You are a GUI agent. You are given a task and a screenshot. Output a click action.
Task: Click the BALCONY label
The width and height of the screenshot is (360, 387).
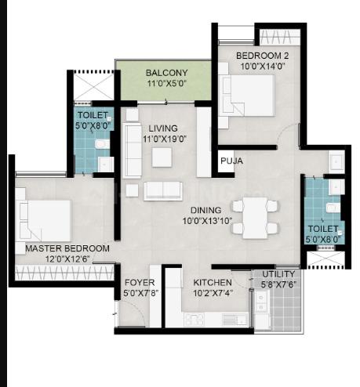(x=166, y=73)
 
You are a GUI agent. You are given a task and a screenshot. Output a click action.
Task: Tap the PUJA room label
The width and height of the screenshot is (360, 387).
(x=231, y=161)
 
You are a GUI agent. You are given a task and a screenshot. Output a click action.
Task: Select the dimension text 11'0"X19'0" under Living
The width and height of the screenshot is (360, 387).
(x=165, y=139)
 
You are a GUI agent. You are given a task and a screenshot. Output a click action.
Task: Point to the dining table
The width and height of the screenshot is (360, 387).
(x=255, y=218)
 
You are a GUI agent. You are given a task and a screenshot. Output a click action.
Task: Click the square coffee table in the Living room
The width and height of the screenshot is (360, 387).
(x=162, y=157)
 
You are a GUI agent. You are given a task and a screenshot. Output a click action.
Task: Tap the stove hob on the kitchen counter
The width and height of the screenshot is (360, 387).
(x=194, y=320)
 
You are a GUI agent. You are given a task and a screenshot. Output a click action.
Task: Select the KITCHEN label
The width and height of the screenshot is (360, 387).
(x=213, y=282)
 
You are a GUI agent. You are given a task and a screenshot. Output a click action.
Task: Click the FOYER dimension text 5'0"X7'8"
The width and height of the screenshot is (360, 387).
(x=140, y=293)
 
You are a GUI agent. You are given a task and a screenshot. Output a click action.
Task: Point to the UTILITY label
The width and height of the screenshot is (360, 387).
(x=278, y=274)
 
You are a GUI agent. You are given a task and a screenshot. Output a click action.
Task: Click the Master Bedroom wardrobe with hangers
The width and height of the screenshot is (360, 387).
(x=64, y=273)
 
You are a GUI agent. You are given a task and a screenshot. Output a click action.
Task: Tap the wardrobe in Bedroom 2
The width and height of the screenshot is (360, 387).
(x=280, y=37)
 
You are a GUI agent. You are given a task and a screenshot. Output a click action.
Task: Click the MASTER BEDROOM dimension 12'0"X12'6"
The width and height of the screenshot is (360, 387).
(x=67, y=259)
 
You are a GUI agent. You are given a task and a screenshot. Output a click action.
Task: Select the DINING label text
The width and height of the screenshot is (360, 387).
(x=205, y=210)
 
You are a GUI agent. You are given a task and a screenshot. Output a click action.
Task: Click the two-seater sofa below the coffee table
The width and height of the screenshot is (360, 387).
(x=163, y=191)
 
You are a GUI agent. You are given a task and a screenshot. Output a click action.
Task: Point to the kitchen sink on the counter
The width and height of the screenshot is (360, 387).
(x=235, y=320)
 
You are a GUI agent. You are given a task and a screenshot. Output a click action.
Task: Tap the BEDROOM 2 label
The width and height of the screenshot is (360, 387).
(x=262, y=56)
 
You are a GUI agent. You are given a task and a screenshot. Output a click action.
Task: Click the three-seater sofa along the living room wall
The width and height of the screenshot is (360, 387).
(x=133, y=150)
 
